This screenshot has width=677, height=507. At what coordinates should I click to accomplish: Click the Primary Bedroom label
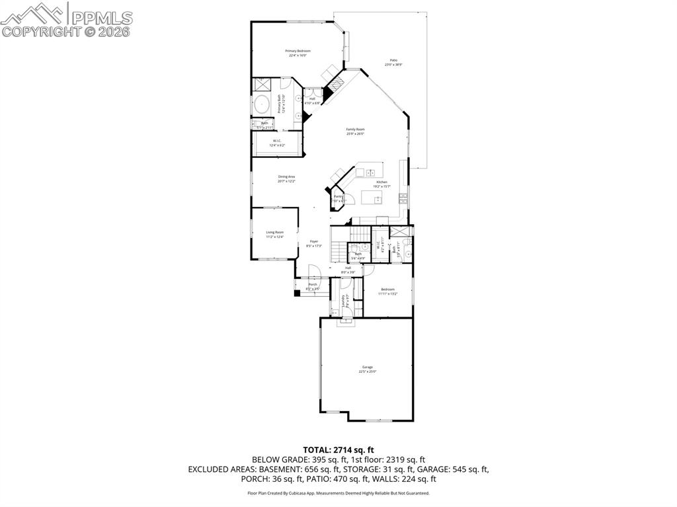298,51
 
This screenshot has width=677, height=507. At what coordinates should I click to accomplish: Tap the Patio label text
393,60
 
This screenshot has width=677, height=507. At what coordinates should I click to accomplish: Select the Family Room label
355,130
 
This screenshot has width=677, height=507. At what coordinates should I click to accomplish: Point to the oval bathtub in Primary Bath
262,105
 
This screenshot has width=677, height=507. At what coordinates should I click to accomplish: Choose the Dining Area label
286,176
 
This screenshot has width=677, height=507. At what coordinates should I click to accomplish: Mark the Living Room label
275,232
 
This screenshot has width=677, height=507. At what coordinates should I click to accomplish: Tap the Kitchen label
381,182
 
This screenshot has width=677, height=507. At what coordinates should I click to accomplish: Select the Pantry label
338,196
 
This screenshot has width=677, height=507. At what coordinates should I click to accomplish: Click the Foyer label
314,242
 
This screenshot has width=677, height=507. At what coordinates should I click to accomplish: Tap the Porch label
313,285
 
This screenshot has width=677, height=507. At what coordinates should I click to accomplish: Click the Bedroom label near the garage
387,289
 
